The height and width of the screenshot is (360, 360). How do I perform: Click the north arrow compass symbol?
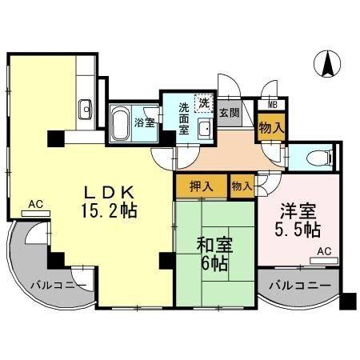(327, 65)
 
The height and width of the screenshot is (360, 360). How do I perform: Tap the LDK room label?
(116, 193)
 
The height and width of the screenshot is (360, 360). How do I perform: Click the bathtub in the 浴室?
(121, 123)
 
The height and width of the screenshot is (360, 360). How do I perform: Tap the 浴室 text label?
(145, 122)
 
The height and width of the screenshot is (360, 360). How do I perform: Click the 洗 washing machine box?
(204, 102)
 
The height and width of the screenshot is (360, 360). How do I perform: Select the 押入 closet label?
(201, 186)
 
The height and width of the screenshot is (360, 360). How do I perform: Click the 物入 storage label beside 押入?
(241, 186)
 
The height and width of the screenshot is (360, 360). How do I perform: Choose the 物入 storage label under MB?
(270, 126)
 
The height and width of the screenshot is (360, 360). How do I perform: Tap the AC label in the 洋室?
(323, 250)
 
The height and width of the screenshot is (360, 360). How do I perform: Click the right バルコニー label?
(299, 286)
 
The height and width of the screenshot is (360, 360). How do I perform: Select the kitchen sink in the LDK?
(86, 107)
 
